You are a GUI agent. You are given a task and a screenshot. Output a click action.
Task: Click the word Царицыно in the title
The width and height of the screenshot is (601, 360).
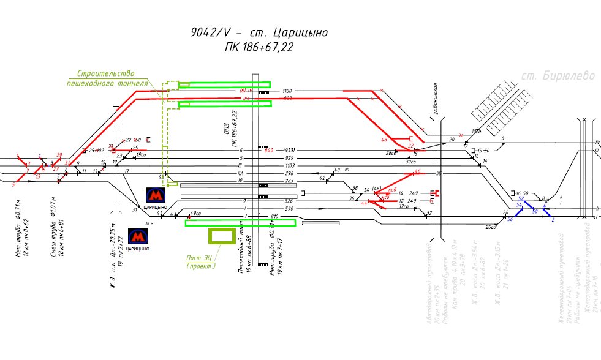pyautogui.click(x=300, y=32)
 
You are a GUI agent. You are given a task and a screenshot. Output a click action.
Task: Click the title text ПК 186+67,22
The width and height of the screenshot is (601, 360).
pyautogui.click(x=259, y=48)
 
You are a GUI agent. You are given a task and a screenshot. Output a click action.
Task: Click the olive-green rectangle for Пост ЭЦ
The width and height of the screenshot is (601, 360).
pyautogui.click(x=222, y=237)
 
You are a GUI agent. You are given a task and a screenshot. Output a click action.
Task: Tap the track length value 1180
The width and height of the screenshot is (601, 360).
pyautogui.click(x=287, y=91)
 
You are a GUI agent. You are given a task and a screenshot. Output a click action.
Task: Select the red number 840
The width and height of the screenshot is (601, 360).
pyautogui.click(x=268, y=150)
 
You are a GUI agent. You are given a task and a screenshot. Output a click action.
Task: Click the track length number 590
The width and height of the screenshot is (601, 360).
pyautogui.click(x=289, y=209)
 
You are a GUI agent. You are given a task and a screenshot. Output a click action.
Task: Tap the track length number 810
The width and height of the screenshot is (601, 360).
pyautogui.click(x=274, y=216)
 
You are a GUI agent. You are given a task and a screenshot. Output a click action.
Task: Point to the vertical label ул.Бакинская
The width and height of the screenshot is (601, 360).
pyautogui.click(x=436, y=99)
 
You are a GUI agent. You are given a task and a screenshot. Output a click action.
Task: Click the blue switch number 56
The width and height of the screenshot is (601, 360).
pyautogui.click(x=510, y=219)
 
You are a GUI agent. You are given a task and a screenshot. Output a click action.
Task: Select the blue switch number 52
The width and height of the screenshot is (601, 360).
pyautogui.click(x=521, y=198)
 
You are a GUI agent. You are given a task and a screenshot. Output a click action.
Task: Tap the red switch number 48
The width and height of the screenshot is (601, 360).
pyautogui.click(x=384, y=140)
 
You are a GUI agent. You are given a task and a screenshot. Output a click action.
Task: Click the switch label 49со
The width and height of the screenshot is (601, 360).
pyautogui.click(x=196, y=213)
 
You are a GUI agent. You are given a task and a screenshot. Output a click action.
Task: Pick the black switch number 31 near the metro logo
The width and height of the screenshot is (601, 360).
pyautogui.click(x=135, y=210)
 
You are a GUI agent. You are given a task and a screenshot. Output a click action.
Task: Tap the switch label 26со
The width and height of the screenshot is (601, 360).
pyautogui.click(x=490, y=227)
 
